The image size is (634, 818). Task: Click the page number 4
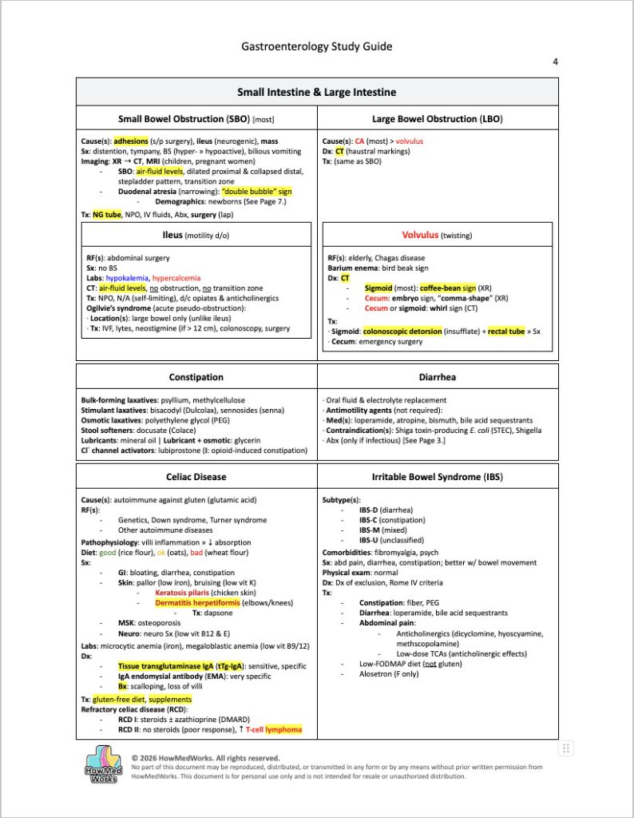pos(555,62)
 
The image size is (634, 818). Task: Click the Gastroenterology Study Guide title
pos(317,46)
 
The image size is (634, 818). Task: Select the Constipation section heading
pos(196,377)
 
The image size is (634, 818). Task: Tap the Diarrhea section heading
pos(437,377)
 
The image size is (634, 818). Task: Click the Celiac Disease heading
pos(196,477)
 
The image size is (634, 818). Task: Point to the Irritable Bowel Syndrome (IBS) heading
pos(437,477)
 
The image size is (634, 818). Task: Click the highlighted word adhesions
pos(130,141)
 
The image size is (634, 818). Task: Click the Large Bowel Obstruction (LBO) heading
pos(437,119)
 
